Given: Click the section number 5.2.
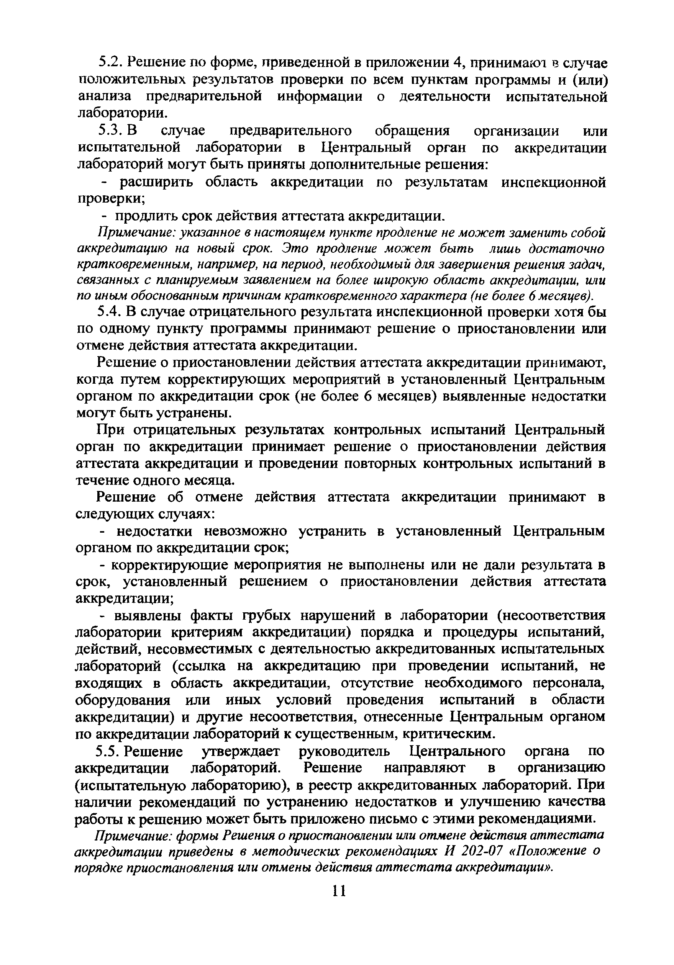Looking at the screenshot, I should coord(110,64).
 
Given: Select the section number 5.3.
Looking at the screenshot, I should coord(110,131).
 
